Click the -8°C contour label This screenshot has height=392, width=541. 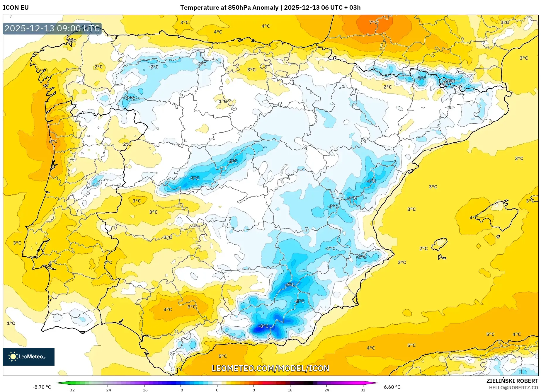tap(263, 326)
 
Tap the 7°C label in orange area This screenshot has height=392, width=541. tap(373, 22)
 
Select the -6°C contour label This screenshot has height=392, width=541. tap(290, 284)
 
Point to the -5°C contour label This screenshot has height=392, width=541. tap(194, 178)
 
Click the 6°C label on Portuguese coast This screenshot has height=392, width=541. tap(53, 142)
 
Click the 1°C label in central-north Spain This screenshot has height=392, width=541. tap(223, 101)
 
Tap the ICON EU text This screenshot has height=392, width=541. tap(16, 8)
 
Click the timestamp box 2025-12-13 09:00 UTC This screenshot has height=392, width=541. tap(52, 28)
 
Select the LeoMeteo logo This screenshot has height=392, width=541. tap(29, 357)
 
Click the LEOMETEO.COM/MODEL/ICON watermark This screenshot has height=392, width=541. tap(270, 368)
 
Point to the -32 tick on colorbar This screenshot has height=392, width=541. tap(71, 390)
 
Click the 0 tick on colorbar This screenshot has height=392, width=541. tap(217, 390)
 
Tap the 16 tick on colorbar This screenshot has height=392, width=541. tap(290, 390)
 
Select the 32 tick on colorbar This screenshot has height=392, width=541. tap(363, 390)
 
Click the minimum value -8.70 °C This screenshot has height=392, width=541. tap(42, 387)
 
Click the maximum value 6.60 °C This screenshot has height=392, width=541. tap(392, 387)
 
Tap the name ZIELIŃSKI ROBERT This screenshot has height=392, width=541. tap(512, 381)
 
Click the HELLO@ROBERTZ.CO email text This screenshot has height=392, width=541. tap(513, 388)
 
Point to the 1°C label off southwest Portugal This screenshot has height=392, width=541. tap(11, 323)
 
